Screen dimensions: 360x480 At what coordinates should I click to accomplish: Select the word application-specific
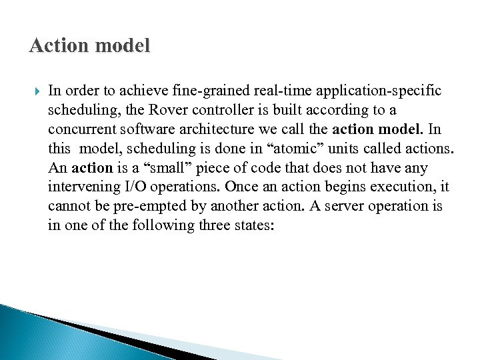click(x=364, y=89)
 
